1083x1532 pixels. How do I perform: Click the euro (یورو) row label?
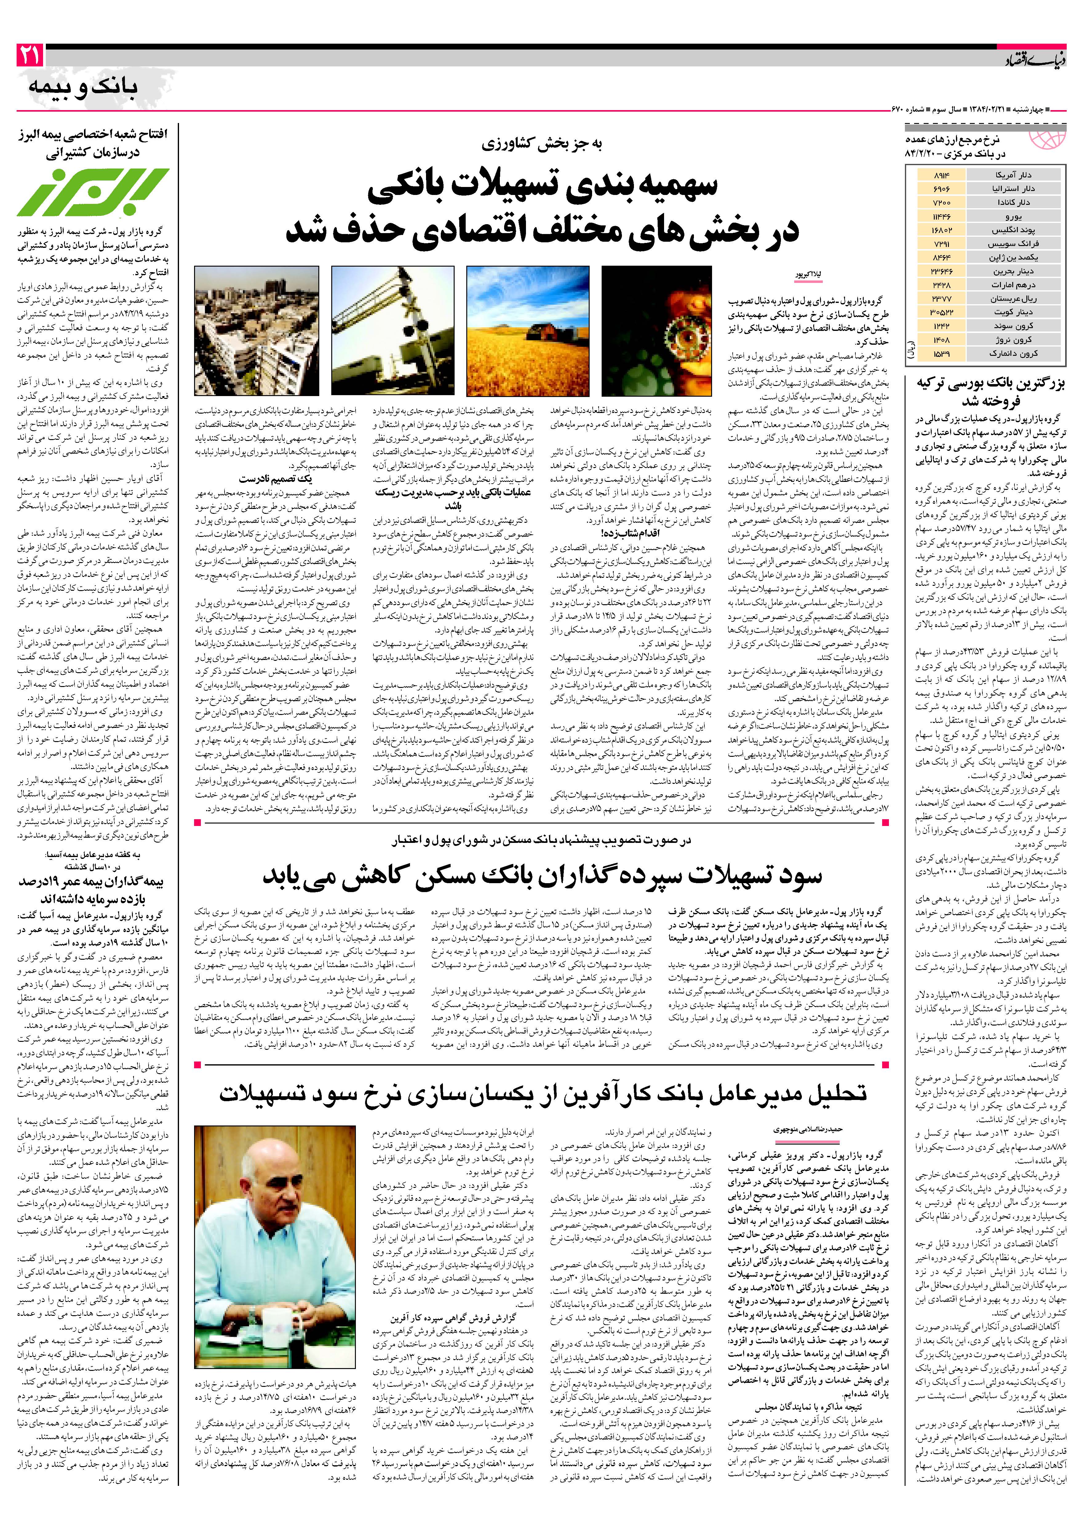(x=1012, y=217)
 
